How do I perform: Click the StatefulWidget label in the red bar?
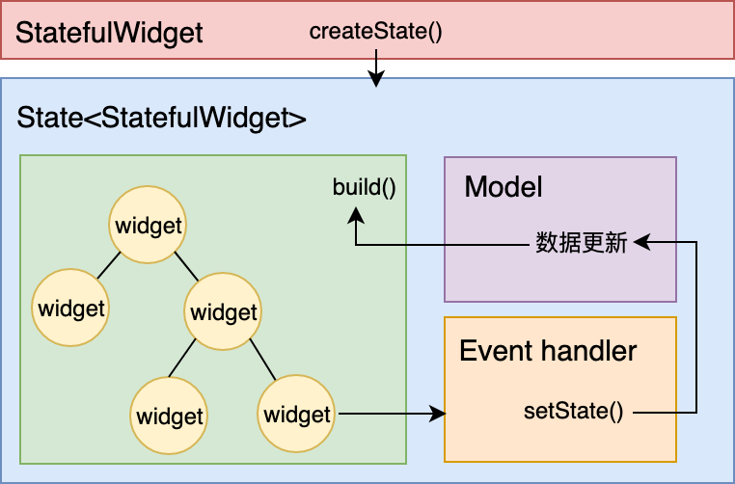point(110,33)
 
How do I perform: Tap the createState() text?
point(375,31)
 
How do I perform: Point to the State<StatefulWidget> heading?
point(162,120)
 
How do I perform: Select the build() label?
point(365,186)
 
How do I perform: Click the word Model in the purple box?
point(504,186)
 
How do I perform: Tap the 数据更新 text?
point(582,243)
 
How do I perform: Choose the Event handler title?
point(548,350)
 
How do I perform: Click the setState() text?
point(574,412)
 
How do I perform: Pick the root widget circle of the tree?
point(149,227)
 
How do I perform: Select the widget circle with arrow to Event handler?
point(297,416)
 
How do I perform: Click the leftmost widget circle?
point(70,309)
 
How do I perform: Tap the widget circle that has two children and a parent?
point(224,312)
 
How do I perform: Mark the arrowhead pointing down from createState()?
point(376,81)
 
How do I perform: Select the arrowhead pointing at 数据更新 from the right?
point(640,243)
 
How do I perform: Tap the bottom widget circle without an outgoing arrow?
point(170,417)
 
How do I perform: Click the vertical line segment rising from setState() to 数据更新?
point(696,328)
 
